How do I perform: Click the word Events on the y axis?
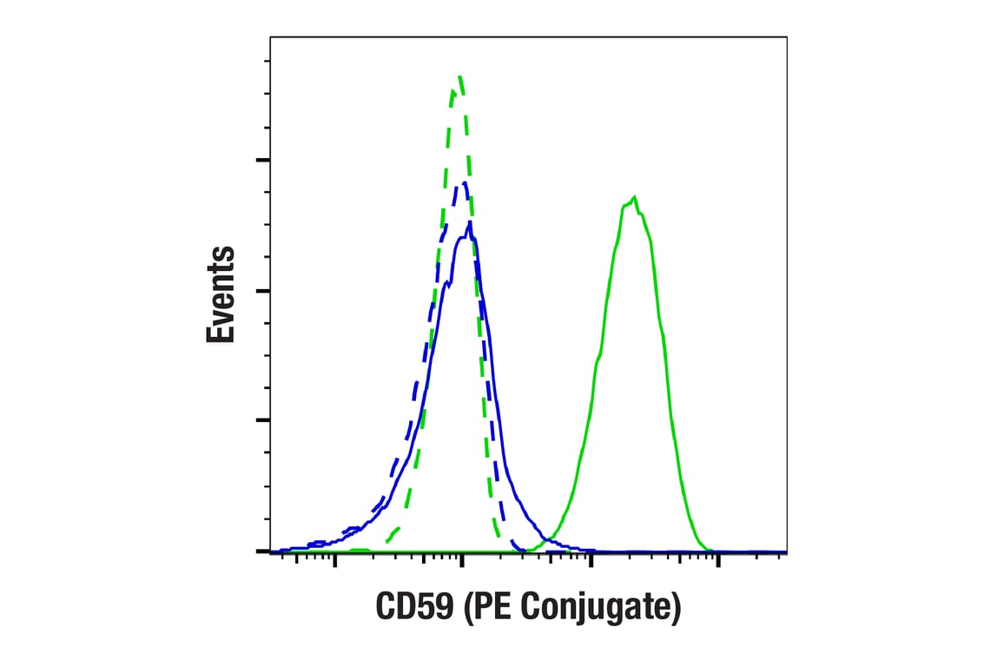pos(221,294)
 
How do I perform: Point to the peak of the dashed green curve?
pos(460,76)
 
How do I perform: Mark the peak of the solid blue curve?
pos(470,223)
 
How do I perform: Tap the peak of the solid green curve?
pos(636,198)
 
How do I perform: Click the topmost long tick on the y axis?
pos(263,160)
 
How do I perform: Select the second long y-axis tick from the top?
pos(263,290)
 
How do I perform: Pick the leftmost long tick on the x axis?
pos(334,558)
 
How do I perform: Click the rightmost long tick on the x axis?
pos(718,558)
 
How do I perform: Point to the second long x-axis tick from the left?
pos(462,558)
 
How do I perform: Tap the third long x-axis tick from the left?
pos(591,558)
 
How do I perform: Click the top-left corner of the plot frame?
pos(270,37)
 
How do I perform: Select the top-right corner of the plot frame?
pos(787,37)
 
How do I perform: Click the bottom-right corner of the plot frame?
pos(787,551)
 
